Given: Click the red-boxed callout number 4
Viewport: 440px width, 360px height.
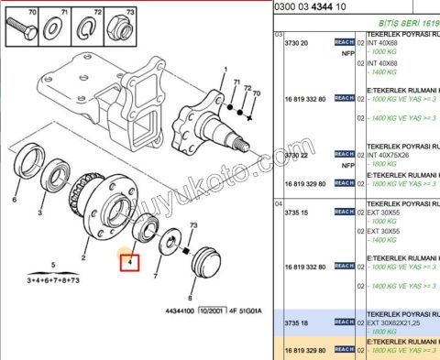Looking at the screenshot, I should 130,263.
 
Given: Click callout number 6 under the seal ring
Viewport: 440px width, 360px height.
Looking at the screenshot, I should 16,199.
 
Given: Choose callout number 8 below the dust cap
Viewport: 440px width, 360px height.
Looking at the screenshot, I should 191,297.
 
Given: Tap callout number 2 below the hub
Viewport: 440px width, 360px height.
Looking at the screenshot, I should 83,259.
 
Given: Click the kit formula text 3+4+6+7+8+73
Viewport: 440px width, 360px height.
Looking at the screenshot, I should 54,279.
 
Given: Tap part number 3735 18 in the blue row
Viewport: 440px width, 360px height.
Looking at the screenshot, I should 295,322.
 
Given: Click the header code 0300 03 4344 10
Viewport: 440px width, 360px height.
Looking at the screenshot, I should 317,6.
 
